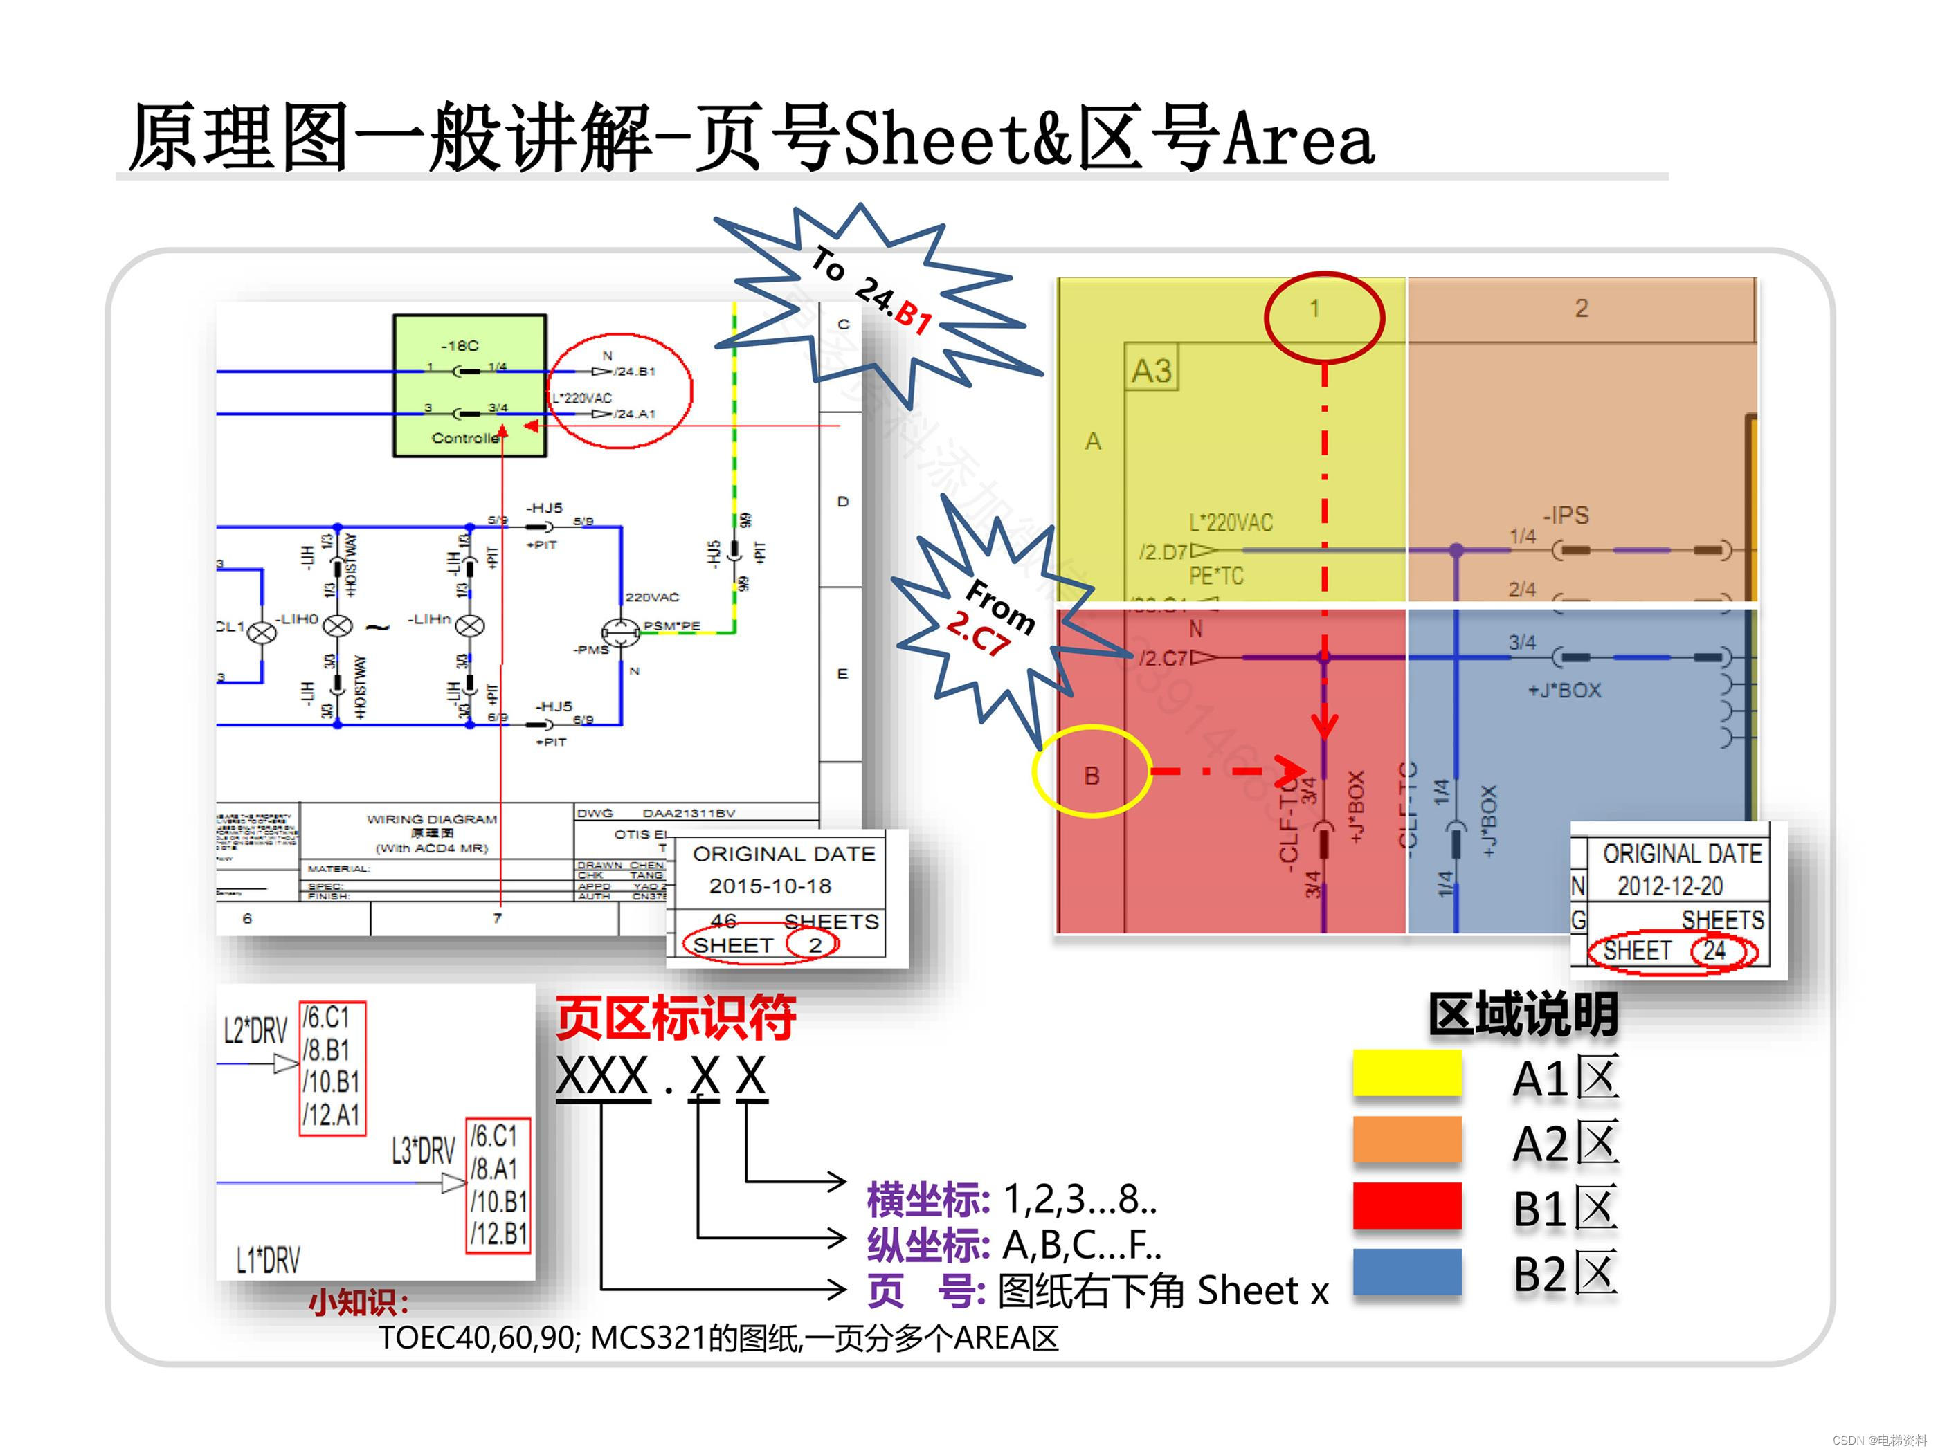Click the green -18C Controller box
click(469, 385)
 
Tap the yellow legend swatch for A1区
click(1406, 1073)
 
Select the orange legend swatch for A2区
click(1406, 1139)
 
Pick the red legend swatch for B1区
click(1406, 1205)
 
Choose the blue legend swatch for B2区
click(1406, 1271)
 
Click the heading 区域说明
click(1523, 1014)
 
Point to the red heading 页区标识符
click(676, 1018)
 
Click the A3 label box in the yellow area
click(1151, 369)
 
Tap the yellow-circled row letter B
click(1092, 775)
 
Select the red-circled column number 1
click(1314, 309)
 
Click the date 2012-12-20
click(1670, 886)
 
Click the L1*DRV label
click(268, 1261)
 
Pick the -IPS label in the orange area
click(1566, 515)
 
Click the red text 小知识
click(359, 1302)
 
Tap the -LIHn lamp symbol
click(471, 625)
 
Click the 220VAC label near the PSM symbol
click(652, 597)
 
